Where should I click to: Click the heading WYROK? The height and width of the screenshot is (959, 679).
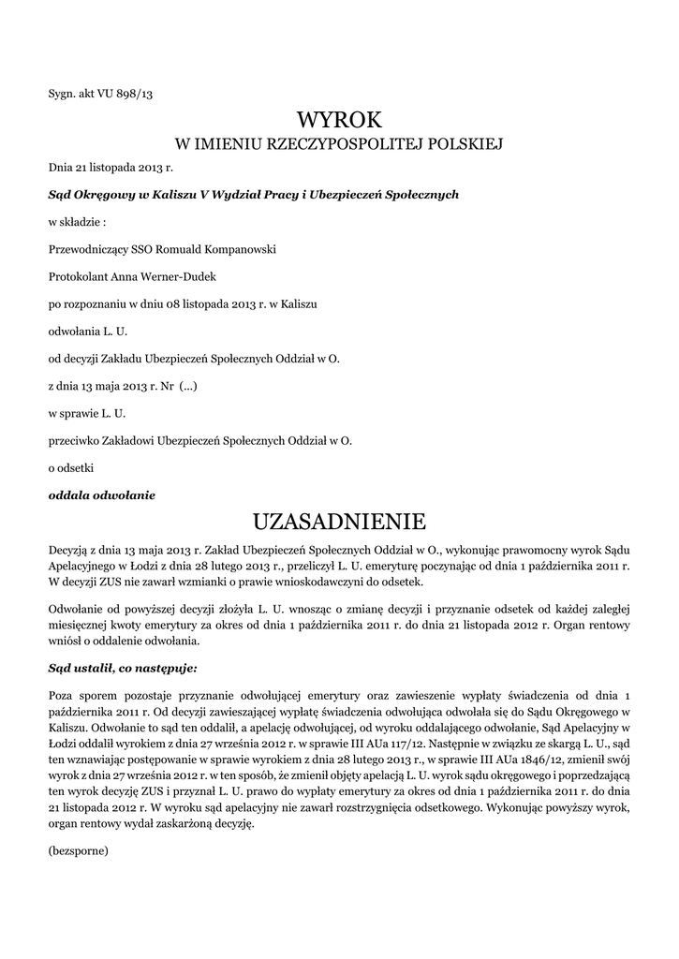click(x=340, y=119)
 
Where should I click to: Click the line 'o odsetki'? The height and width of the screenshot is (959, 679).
click(x=71, y=466)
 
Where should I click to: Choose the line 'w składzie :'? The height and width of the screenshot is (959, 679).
click(x=77, y=222)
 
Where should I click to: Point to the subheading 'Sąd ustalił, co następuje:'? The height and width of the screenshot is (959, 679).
click(x=123, y=668)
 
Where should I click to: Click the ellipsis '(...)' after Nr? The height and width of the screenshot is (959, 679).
click(x=186, y=385)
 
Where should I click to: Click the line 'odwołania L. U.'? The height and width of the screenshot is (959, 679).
click(x=87, y=331)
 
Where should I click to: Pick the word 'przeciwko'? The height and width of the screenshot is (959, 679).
click(x=75, y=439)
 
